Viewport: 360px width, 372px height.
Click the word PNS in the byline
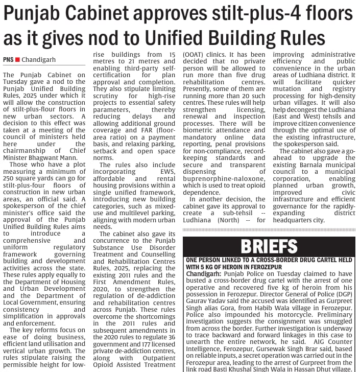coord(9,60)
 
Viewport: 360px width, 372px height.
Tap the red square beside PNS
coord(18,60)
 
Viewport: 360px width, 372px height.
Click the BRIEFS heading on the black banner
coord(269,246)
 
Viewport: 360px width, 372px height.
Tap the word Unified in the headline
coord(202,37)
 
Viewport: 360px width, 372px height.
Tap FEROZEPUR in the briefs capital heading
coord(233,267)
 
